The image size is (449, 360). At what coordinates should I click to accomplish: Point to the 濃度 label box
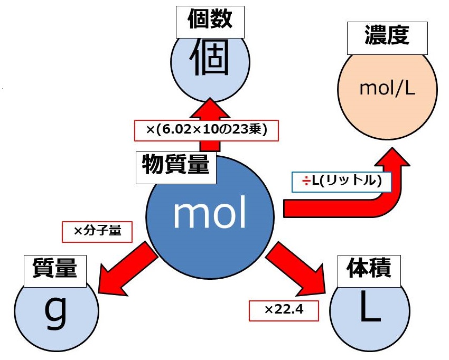[x=387, y=38]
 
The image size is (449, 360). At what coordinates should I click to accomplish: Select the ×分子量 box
[x=97, y=231]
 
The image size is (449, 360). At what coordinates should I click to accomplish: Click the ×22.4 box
[x=284, y=310]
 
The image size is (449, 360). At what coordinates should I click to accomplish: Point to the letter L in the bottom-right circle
[x=369, y=311]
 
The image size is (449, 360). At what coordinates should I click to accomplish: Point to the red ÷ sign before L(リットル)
[x=305, y=183]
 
